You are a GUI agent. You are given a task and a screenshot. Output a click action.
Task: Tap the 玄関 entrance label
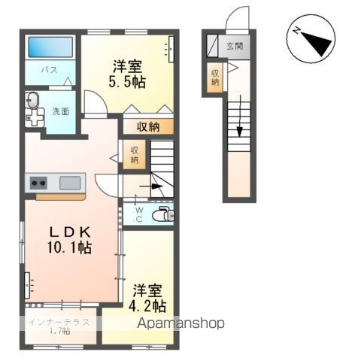[235, 46]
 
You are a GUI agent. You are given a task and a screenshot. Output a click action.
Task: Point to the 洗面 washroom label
[60, 111]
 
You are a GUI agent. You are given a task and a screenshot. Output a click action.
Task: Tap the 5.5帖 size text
[129, 80]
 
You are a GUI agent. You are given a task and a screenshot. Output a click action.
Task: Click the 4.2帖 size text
[150, 305]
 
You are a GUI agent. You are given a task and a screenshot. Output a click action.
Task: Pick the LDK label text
[71, 230]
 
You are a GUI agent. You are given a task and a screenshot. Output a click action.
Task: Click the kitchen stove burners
[38, 183]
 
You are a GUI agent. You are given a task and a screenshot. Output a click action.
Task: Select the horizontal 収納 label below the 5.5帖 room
[149, 127]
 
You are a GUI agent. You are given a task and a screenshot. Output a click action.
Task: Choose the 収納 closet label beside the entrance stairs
[215, 75]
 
